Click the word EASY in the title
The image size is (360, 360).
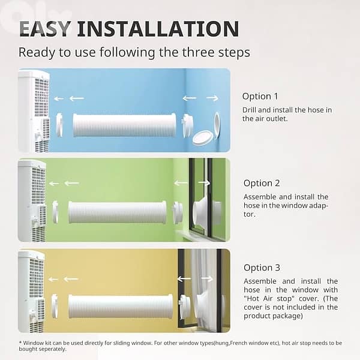coord(44,29)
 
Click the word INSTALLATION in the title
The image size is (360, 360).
coord(158,29)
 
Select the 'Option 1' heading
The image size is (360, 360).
coord(260,96)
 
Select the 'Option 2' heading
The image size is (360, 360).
coord(262,183)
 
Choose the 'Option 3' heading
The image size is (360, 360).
coord(262,268)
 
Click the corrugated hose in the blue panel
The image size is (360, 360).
coord(125,125)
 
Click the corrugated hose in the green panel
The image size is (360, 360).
coord(118,212)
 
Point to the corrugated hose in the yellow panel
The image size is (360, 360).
coord(121,306)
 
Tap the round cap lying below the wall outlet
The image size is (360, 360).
coord(203,137)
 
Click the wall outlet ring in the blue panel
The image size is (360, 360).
coord(217,125)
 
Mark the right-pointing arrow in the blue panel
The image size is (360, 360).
coord(212,98)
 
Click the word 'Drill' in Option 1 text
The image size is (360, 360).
coord(249,110)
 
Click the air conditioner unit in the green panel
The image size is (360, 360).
coord(32,200)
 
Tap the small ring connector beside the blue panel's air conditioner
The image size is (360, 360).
coord(59,125)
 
